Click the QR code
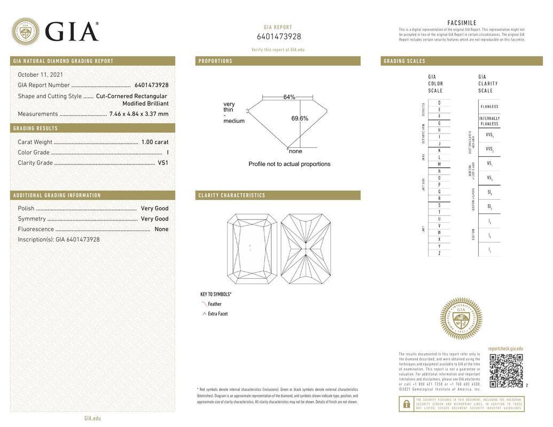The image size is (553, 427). click(x=506, y=370)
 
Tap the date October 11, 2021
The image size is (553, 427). click(x=41, y=75)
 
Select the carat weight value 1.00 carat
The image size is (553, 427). click(x=154, y=142)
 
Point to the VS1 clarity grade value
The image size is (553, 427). click(x=163, y=163)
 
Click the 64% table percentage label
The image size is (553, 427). click(x=289, y=97)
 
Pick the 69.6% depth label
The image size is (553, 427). click(x=300, y=118)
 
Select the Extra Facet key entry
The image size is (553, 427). click(x=217, y=314)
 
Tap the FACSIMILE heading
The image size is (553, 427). click(x=462, y=23)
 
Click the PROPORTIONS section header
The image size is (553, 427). click(x=216, y=61)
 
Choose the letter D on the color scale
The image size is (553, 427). click(x=439, y=103)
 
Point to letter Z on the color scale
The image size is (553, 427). click(x=439, y=253)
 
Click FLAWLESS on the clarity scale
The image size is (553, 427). click(x=489, y=107)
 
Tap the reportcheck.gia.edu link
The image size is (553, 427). click(x=505, y=349)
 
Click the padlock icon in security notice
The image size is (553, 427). click(x=406, y=404)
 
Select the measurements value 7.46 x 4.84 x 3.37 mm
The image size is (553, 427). click(x=139, y=114)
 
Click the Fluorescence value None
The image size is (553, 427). click(x=161, y=229)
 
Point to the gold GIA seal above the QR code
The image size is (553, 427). click(x=461, y=319)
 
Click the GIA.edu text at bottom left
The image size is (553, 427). click(x=92, y=418)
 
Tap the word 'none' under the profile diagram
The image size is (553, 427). click(x=295, y=151)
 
